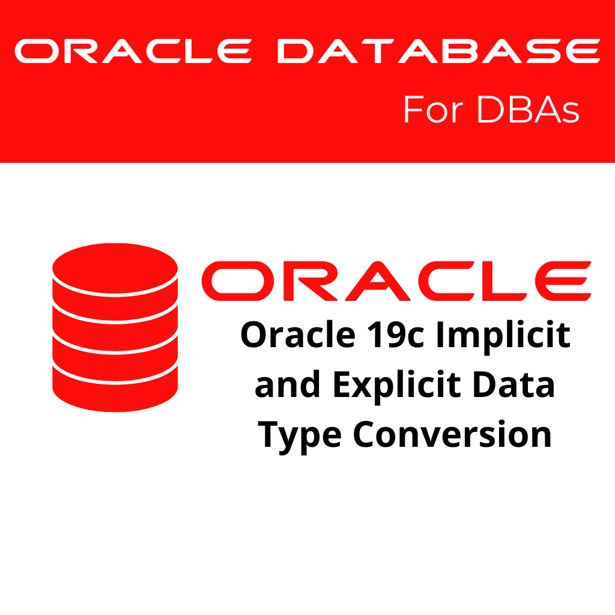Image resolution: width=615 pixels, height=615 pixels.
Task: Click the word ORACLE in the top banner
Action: [133, 51]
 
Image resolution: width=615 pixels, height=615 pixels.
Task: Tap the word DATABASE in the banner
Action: [439, 51]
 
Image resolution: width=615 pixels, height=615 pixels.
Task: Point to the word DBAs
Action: [529, 109]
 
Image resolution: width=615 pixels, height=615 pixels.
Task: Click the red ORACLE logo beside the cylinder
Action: [396, 281]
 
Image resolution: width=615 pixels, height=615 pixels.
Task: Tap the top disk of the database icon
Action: [115, 268]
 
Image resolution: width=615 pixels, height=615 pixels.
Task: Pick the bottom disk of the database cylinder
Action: [115, 389]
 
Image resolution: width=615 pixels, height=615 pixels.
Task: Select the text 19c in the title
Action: [396, 335]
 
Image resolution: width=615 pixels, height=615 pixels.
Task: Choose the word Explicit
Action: [397, 387]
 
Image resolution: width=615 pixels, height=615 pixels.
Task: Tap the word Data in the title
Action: [514, 384]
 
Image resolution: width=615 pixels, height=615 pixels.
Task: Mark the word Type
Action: [300, 437]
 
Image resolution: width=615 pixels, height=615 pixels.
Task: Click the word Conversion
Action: [452, 434]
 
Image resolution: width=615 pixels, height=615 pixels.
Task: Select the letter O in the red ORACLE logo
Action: [238, 281]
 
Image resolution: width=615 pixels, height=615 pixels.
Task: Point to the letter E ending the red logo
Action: [563, 281]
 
